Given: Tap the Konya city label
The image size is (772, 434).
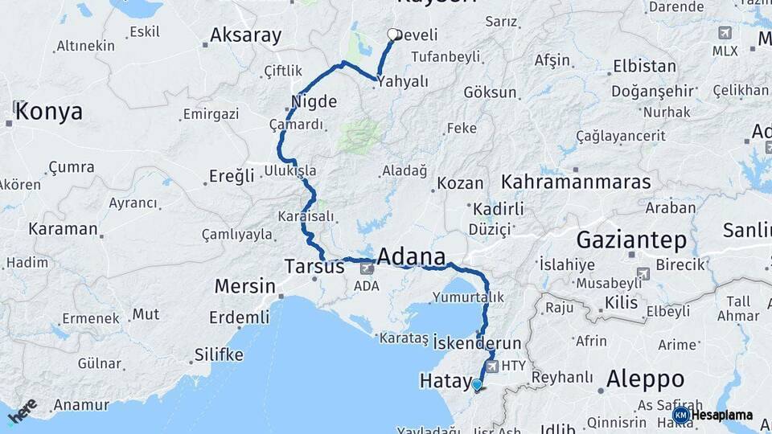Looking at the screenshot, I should point(48,111).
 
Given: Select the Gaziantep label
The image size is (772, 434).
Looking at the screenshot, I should point(631,240).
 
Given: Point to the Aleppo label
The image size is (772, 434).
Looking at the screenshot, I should point(645,379).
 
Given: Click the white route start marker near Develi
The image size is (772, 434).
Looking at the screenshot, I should point(392,35).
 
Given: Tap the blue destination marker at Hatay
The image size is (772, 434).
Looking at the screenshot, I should point(477,385).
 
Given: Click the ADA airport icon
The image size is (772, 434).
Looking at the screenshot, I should point(367,268).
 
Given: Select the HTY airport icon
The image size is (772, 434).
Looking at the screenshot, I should point(493,366).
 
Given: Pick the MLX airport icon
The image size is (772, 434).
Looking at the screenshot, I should point(725,33).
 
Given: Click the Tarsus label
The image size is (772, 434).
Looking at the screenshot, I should point(314,266).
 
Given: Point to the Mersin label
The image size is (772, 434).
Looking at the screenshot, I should point(244,286).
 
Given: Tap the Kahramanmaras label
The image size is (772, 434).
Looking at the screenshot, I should point(575,182).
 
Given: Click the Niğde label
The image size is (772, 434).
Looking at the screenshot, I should point(314,102).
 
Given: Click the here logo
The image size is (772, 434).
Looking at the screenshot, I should point(22,411).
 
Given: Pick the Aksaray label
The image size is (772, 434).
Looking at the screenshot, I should point(245,35).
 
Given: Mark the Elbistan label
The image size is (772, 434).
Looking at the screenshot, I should point(644,65).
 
